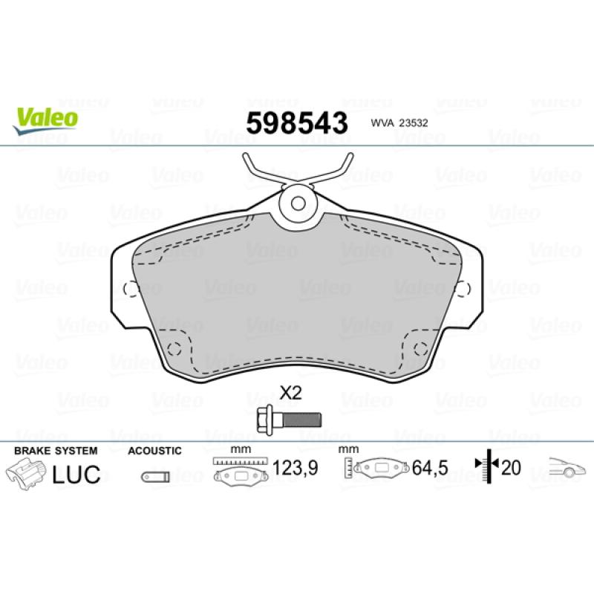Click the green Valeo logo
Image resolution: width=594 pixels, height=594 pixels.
[x=45, y=120]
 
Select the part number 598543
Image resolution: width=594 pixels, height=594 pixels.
[x=297, y=123]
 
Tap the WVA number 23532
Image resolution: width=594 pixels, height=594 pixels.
[x=413, y=123]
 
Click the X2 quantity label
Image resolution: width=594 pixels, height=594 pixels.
[x=290, y=393]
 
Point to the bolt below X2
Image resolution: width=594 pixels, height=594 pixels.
[x=289, y=420]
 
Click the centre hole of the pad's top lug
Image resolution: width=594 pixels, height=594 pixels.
[x=298, y=203]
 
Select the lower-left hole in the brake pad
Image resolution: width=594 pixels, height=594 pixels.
[x=174, y=348]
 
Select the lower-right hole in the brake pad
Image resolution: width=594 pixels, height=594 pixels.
[x=421, y=348]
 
